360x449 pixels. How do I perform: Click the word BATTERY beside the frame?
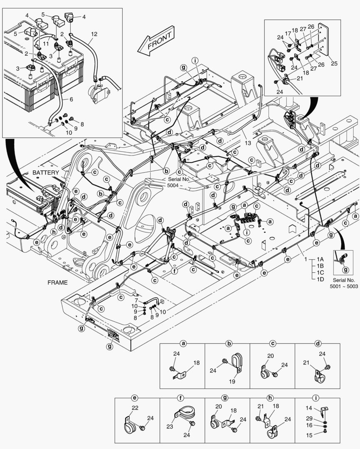pyautogui.click(x=46, y=172)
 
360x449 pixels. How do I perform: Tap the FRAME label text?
pyautogui.click(x=57, y=282)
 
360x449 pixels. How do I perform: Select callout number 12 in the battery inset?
pyautogui.click(x=94, y=33)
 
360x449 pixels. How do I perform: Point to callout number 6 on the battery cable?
pyautogui.click(x=71, y=99)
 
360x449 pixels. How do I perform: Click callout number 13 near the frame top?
pyautogui.click(x=248, y=143)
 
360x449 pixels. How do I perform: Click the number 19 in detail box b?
pyautogui.click(x=233, y=382)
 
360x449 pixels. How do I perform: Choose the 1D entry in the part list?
pyautogui.click(x=320, y=279)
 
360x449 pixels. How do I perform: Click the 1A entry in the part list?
pyautogui.click(x=320, y=258)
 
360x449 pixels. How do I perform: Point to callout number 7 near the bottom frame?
pyautogui.click(x=136, y=300)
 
